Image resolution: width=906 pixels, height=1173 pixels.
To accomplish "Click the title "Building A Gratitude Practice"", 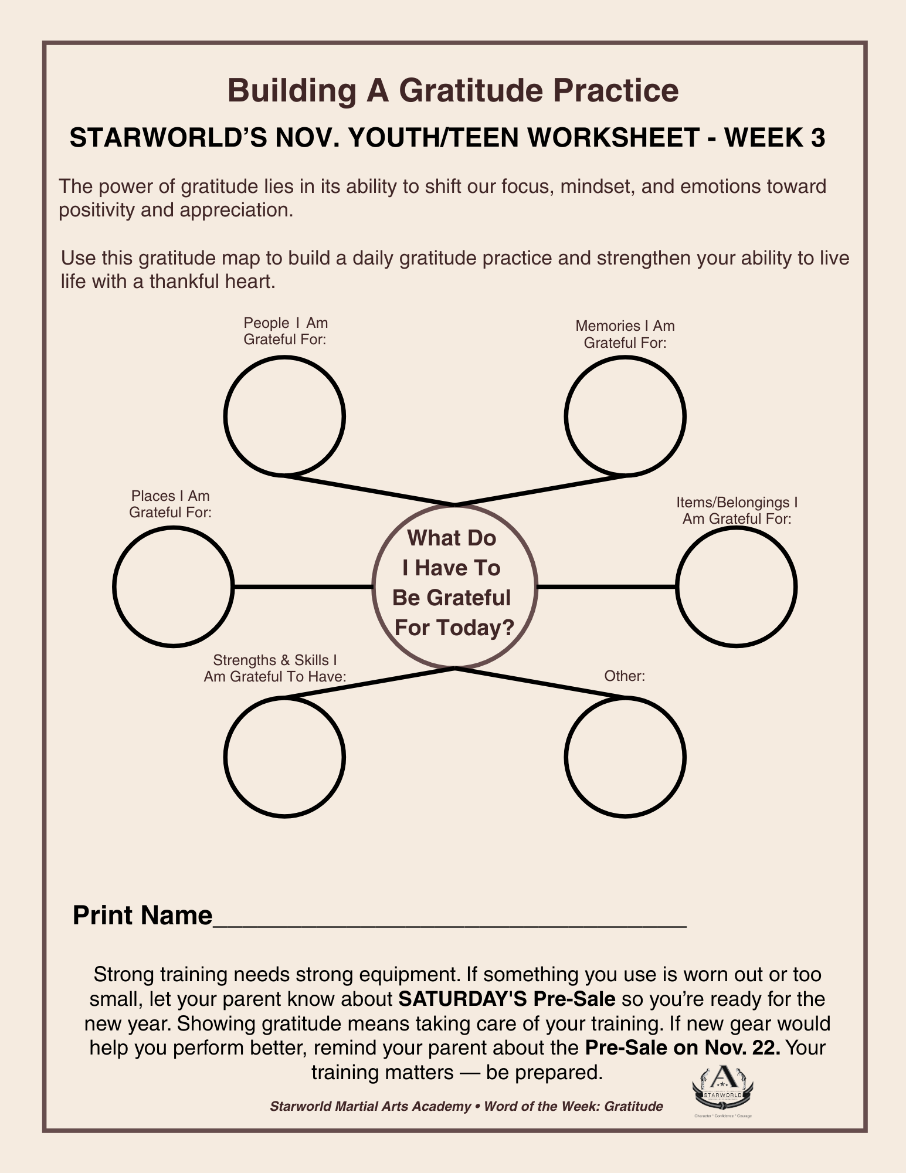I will click(453, 91).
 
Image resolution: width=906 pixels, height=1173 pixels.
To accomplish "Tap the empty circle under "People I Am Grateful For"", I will click(284, 416).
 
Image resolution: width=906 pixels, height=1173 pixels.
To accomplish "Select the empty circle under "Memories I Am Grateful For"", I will click(625, 416).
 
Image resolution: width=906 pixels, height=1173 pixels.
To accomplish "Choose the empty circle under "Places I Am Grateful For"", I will click(173, 586).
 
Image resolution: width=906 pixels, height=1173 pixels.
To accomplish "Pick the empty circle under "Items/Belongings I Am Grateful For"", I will click(737, 586).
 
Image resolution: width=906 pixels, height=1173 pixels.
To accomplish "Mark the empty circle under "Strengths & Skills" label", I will click(284, 757).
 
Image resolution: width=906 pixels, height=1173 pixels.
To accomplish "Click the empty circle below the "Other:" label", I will click(625, 757).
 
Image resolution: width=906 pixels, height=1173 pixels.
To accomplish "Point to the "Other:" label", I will click(625, 676).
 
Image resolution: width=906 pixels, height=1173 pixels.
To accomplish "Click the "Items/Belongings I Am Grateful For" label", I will click(737, 510).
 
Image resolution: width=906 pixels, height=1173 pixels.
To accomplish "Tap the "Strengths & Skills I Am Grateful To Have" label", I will click(275, 669).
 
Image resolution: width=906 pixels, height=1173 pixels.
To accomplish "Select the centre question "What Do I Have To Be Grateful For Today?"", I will click(453, 583).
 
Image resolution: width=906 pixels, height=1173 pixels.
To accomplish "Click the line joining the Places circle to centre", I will click(303, 586).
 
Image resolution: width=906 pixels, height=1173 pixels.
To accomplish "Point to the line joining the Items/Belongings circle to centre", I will click(606, 586).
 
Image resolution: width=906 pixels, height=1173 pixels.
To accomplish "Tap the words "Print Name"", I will click(142, 916).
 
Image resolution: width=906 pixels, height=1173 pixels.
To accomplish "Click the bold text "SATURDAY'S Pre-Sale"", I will click(507, 998).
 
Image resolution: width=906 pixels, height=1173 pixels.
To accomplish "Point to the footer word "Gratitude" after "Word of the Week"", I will click(633, 1107).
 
